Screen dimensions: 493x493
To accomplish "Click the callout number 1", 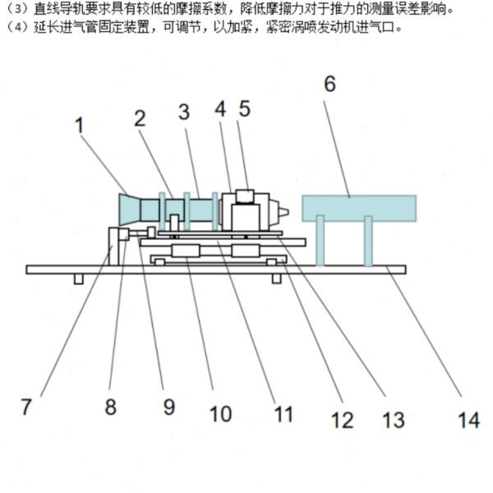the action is (80, 126).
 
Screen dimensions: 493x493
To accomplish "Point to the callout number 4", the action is (220, 109).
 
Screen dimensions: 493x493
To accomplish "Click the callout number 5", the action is (245, 109).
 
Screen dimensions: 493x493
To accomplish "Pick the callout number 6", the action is (329, 84).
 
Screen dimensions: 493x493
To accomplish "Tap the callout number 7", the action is (27, 406).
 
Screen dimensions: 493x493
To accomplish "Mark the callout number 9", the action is (168, 406).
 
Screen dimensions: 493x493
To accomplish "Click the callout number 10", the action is (220, 412).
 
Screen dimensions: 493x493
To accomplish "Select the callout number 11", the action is (283, 413).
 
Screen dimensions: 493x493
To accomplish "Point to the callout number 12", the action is (342, 419).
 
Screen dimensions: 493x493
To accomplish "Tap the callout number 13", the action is (394, 419).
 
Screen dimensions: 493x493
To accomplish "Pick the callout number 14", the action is (468, 419).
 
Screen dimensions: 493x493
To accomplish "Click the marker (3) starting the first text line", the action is (14, 10).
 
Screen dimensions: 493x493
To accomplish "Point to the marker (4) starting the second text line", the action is (14, 27).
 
